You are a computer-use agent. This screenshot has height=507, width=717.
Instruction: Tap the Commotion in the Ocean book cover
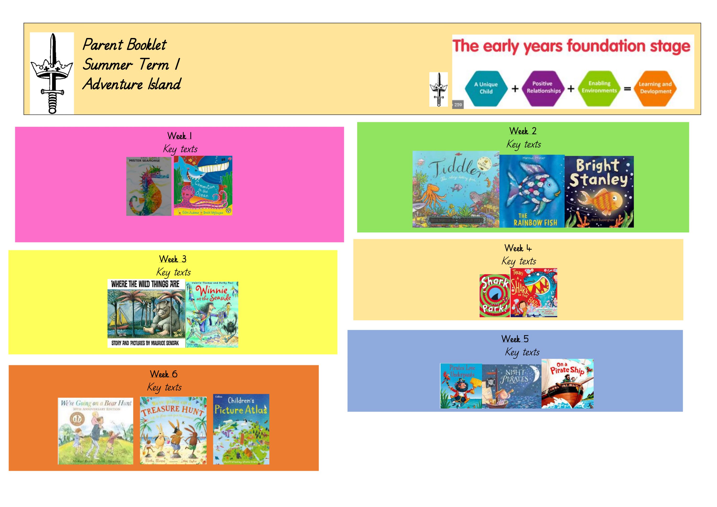[203, 185]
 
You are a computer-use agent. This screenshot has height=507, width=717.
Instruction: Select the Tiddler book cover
[456, 189]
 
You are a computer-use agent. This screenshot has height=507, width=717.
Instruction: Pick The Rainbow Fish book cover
[532, 191]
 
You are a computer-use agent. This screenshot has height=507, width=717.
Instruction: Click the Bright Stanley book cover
[599, 191]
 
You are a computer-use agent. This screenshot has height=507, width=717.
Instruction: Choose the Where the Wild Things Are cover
[146, 313]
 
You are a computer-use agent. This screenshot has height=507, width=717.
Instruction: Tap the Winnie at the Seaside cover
[212, 314]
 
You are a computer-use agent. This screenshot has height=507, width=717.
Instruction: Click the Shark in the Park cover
[494, 296]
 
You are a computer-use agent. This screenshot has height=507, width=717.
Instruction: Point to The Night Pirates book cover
[512, 386]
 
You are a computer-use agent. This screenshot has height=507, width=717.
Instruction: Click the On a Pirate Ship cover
[567, 384]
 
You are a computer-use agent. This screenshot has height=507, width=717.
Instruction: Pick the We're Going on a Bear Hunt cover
[96, 431]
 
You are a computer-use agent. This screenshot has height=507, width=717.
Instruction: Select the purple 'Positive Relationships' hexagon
[543, 88]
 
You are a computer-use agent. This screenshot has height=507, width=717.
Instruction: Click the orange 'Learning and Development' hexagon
[655, 88]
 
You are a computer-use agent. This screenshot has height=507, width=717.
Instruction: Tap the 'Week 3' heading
[173, 259]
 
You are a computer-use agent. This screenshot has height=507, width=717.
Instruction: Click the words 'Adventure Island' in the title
[131, 84]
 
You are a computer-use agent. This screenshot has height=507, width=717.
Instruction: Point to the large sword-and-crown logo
[52, 73]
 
